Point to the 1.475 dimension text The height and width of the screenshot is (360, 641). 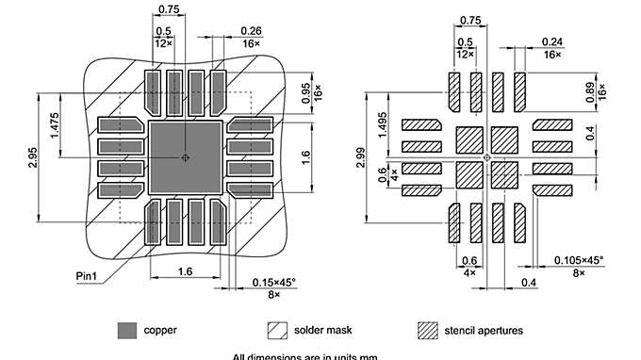coord(58,127)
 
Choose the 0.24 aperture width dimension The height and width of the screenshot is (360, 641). coord(553,41)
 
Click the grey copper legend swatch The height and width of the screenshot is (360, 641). coord(126,331)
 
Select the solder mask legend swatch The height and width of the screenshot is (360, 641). coord(277,331)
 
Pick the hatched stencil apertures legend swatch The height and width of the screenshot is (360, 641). coord(428,331)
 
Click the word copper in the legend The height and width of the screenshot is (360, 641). coord(160,331)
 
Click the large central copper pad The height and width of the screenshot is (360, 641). coord(186,156)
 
